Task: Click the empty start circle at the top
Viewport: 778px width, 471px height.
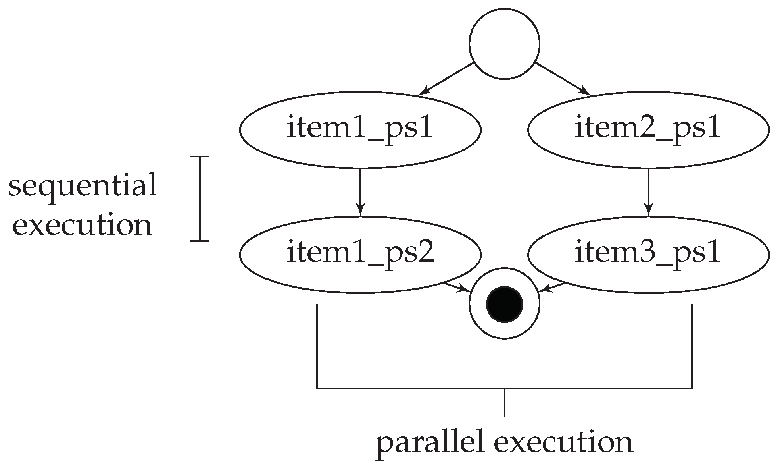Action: (x=504, y=44)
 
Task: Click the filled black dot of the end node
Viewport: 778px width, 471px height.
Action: (x=504, y=304)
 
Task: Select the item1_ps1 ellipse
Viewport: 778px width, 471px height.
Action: (x=360, y=129)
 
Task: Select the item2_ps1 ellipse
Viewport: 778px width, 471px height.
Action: (x=648, y=129)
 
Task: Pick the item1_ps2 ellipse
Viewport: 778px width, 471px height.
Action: (x=360, y=254)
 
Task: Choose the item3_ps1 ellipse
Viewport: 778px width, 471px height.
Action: (x=648, y=254)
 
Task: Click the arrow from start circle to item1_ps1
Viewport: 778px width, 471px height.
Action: (x=446, y=79)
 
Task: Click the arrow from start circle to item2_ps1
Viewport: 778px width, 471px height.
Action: (x=563, y=79)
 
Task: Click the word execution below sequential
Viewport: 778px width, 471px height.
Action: (x=83, y=226)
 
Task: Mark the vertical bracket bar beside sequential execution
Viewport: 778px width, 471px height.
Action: (x=200, y=199)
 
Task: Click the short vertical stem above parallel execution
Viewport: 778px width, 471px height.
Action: (x=504, y=403)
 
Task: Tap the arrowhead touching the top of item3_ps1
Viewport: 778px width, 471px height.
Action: (x=648, y=210)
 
